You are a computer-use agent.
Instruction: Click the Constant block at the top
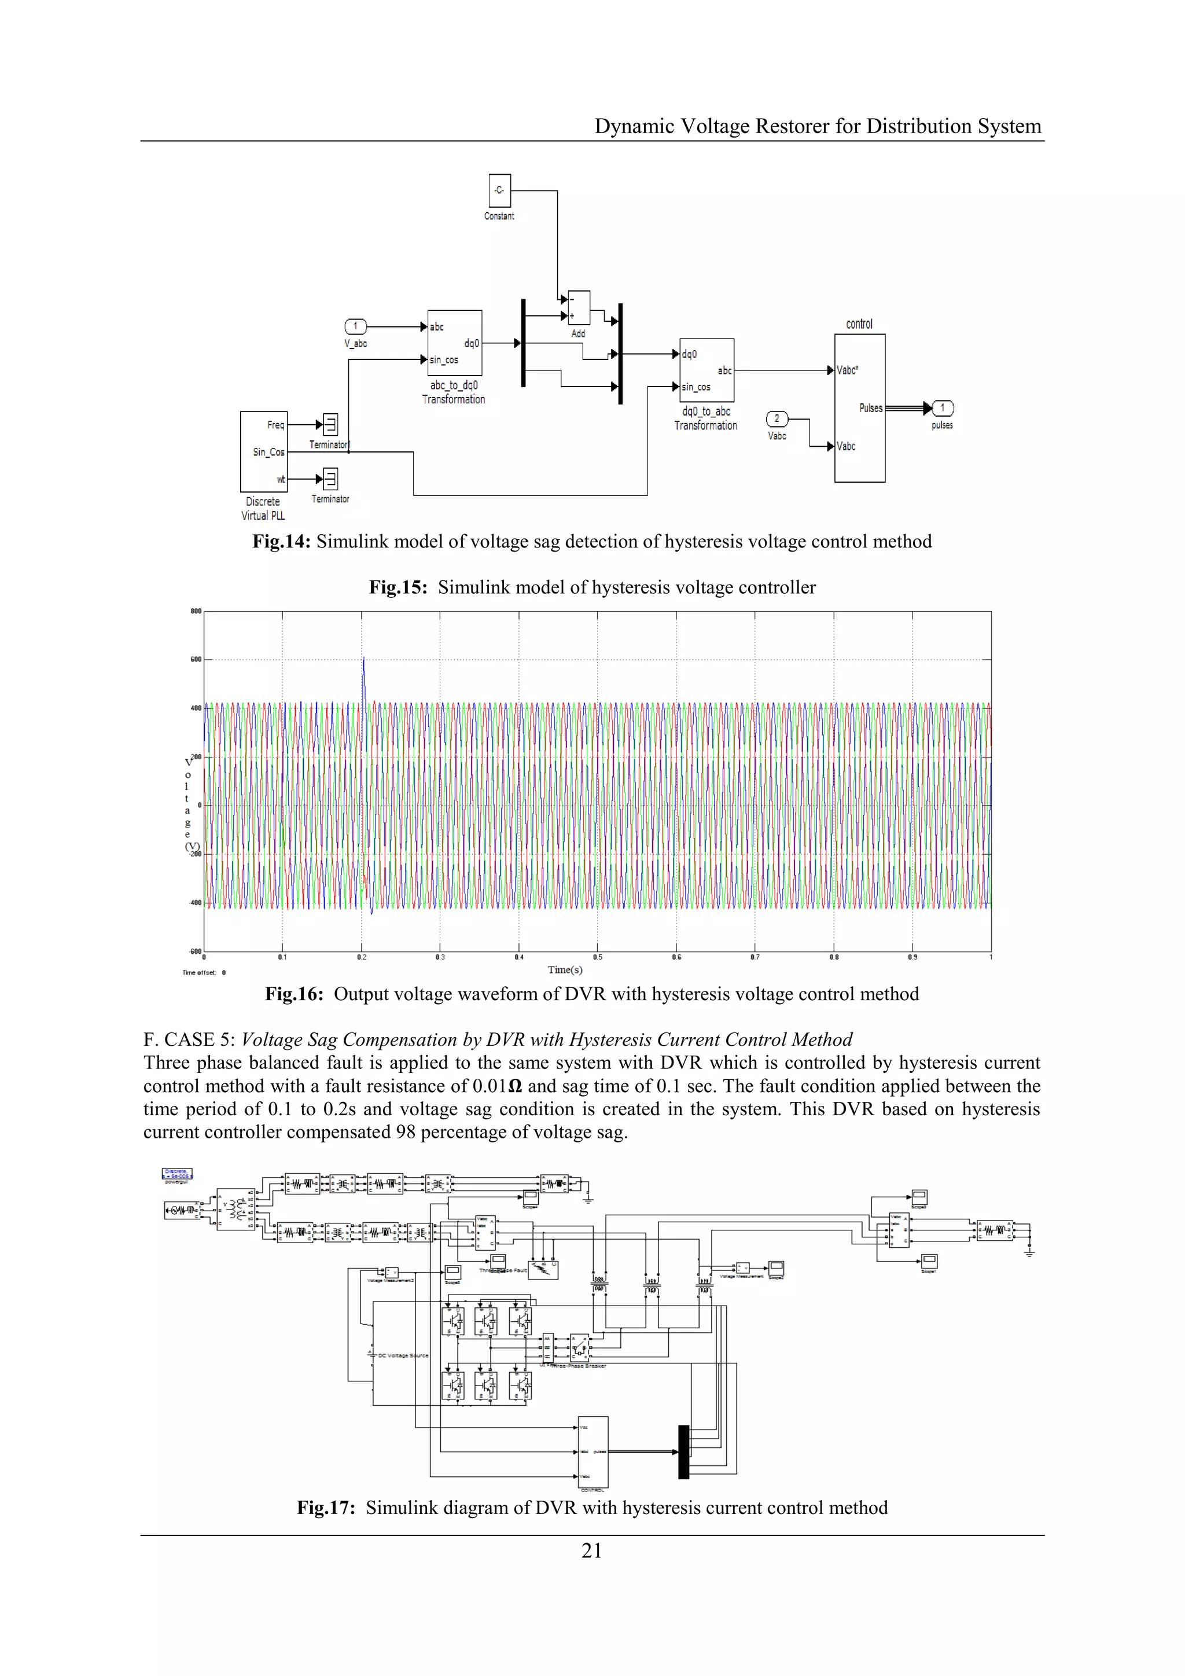(x=499, y=190)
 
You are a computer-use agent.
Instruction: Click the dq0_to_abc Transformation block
(x=706, y=370)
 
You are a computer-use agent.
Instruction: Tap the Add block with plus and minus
(x=579, y=308)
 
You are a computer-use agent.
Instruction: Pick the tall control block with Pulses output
(x=860, y=408)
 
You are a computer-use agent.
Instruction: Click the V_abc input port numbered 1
(x=355, y=326)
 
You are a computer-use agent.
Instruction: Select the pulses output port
(x=943, y=408)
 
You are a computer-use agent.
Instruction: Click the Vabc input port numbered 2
(x=776, y=419)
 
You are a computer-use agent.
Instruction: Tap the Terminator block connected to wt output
(x=330, y=479)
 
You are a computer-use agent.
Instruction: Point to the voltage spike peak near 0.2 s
(x=363, y=659)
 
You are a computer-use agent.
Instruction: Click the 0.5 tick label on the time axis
(x=598, y=957)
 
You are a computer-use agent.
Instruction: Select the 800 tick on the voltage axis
(x=196, y=612)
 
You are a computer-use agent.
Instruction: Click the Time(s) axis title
(x=565, y=969)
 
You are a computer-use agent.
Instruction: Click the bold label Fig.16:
(x=294, y=994)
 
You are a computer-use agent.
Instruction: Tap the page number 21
(x=592, y=1550)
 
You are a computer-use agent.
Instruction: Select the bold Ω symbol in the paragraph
(x=514, y=1086)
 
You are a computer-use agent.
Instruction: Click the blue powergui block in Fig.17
(x=176, y=1174)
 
